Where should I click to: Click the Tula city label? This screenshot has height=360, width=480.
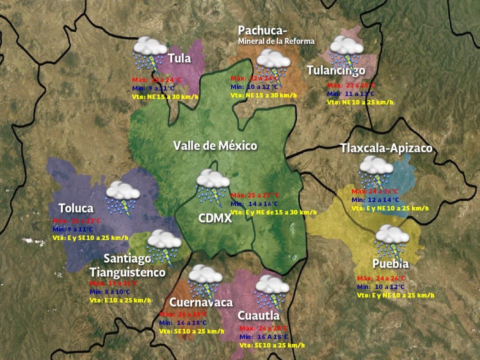(179, 58)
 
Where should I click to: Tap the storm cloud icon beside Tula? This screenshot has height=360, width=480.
(149, 53)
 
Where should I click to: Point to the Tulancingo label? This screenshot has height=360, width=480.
(336, 70)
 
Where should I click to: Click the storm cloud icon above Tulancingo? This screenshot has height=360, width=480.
(345, 50)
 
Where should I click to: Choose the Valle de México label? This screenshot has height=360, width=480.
(215, 145)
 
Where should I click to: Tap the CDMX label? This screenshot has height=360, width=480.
(215, 218)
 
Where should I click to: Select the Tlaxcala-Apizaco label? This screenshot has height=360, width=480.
(386, 148)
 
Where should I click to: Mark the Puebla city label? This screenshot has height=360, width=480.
(390, 263)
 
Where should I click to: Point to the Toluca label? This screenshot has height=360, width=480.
(76, 208)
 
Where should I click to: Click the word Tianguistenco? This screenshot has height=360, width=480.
(127, 272)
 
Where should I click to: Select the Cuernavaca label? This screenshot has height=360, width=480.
(201, 302)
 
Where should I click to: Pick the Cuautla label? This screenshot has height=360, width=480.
(258, 315)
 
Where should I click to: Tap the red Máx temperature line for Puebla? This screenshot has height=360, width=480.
(381, 278)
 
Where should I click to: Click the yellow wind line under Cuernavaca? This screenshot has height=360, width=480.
(191, 331)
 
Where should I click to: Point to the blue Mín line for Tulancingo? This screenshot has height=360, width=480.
(350, 93)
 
